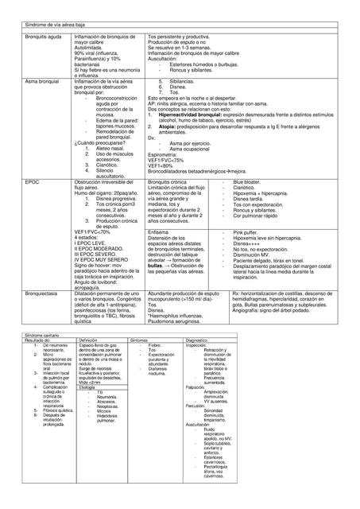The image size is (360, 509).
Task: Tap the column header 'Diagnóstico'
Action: pos(199,341)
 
